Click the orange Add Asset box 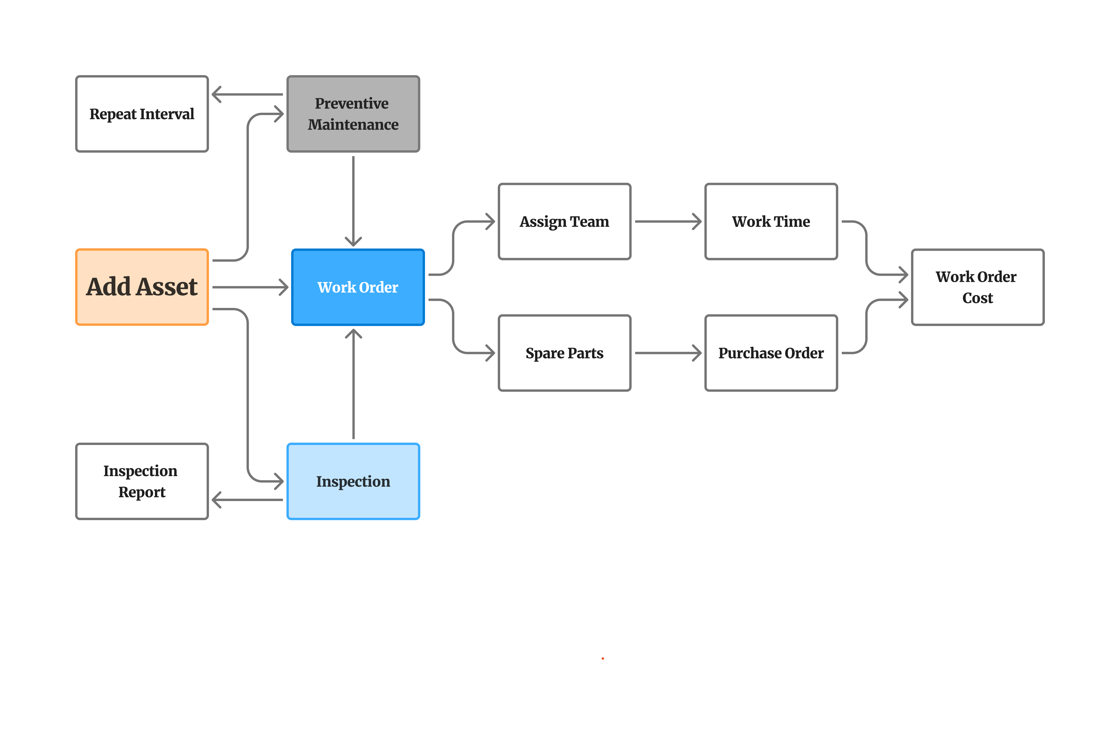point(142,287)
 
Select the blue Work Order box point(358,287)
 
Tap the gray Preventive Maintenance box point(353,114)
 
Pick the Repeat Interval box point(142,114)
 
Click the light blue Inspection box point(353,481)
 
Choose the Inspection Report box point(142,481)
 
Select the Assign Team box point(564,221)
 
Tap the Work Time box point(771,221)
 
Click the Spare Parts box point(564,353)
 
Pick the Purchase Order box point(771,353)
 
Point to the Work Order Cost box point(977,287)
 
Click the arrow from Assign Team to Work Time point(667,221)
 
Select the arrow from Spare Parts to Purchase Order point(667,353)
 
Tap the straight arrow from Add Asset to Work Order point(249,287)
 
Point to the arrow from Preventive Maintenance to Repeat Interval point(247,94)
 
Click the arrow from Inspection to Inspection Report point(247,500)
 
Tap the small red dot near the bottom point(602,658)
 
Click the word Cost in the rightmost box point(977,298)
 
